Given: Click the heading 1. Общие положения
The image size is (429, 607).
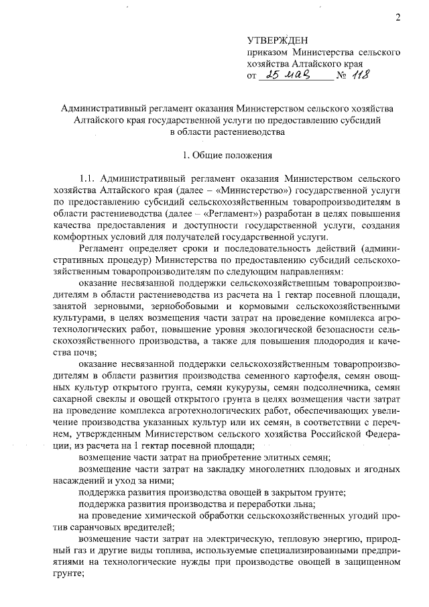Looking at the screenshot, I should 227,156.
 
